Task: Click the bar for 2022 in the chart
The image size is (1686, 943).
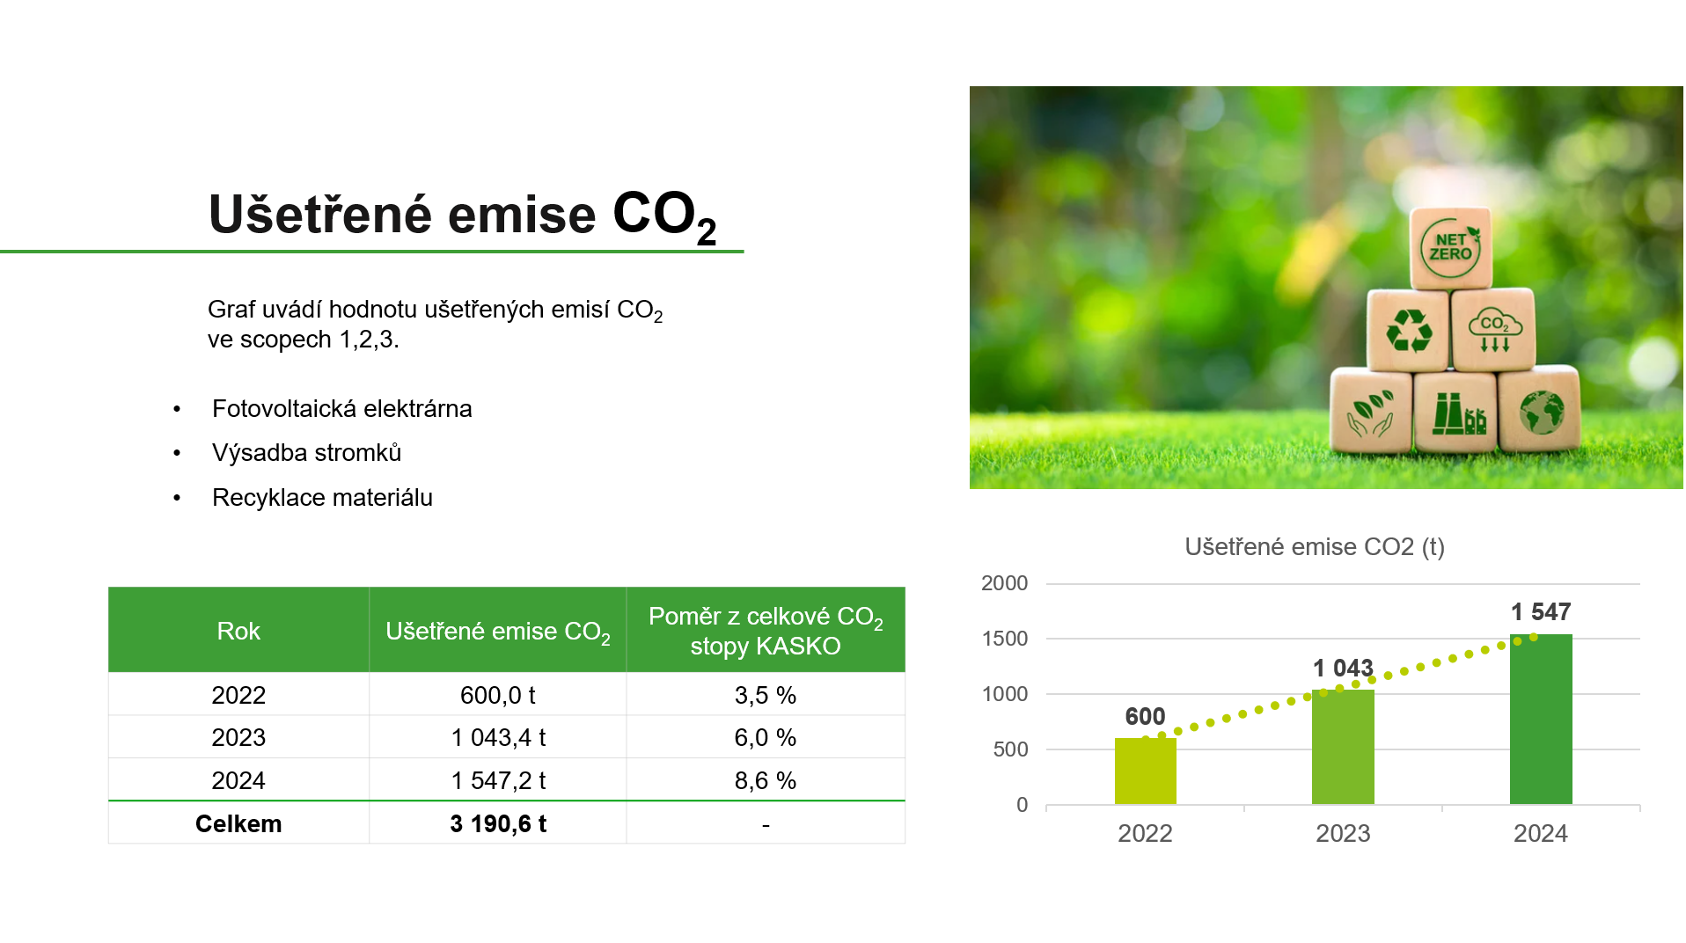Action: pos(1145,771)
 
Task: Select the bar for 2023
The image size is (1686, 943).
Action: pos(1343,747)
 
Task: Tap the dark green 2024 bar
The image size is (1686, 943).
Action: pos(1541,719)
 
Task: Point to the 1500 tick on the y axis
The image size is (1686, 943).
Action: pos(1005,639)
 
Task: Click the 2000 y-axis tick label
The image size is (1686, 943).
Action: pos(1005,583)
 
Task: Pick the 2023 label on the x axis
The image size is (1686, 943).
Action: pos(1343,833)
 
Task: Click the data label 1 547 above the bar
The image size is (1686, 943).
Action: pos(1541,612)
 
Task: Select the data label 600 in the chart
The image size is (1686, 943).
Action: pos(1145,717)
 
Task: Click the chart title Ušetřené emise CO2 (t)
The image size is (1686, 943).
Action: pos(1315,547)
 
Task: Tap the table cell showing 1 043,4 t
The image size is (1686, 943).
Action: pos(498,737)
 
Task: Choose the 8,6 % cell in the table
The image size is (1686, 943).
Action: pos(766,780)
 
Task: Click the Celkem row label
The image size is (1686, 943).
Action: pos(238,823)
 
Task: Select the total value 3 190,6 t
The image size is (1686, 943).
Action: pos(498,823)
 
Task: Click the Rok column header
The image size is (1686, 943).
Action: pos(238,631)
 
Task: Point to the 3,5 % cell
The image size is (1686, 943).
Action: pos(766,695)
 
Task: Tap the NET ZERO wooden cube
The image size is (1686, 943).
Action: pos(1450,248)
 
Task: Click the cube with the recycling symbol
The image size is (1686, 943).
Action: pos(1408,331)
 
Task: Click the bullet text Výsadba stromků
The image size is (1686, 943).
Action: pos(306,453)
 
